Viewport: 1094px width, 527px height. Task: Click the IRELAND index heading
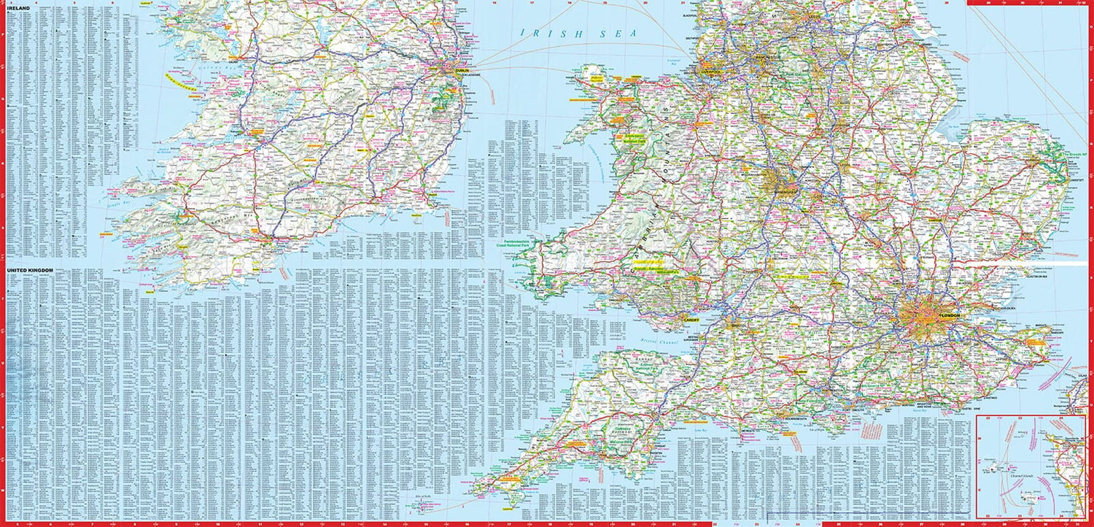19,8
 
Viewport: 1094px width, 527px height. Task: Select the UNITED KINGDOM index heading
31,271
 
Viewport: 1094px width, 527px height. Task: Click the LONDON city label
951,315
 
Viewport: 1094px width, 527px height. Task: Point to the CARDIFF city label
690,320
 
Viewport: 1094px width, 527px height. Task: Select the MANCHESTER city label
765,57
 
